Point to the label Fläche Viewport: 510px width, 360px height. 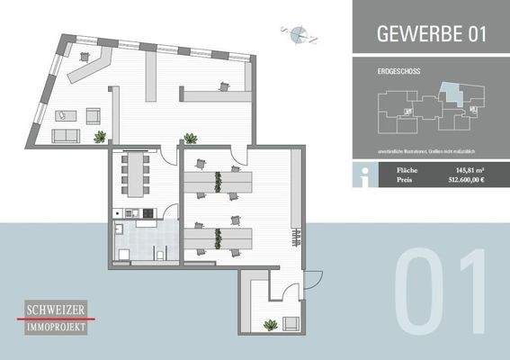pos(406,169)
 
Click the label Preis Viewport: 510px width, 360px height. pos(404,180)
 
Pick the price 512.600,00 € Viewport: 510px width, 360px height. pos(465,180)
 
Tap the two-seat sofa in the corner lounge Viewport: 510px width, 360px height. pos(66,136)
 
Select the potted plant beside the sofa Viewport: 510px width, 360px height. pos(99,137)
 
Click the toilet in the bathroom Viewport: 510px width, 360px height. pos(159,255)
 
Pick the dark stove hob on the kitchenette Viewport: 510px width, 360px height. pos(128,212)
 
